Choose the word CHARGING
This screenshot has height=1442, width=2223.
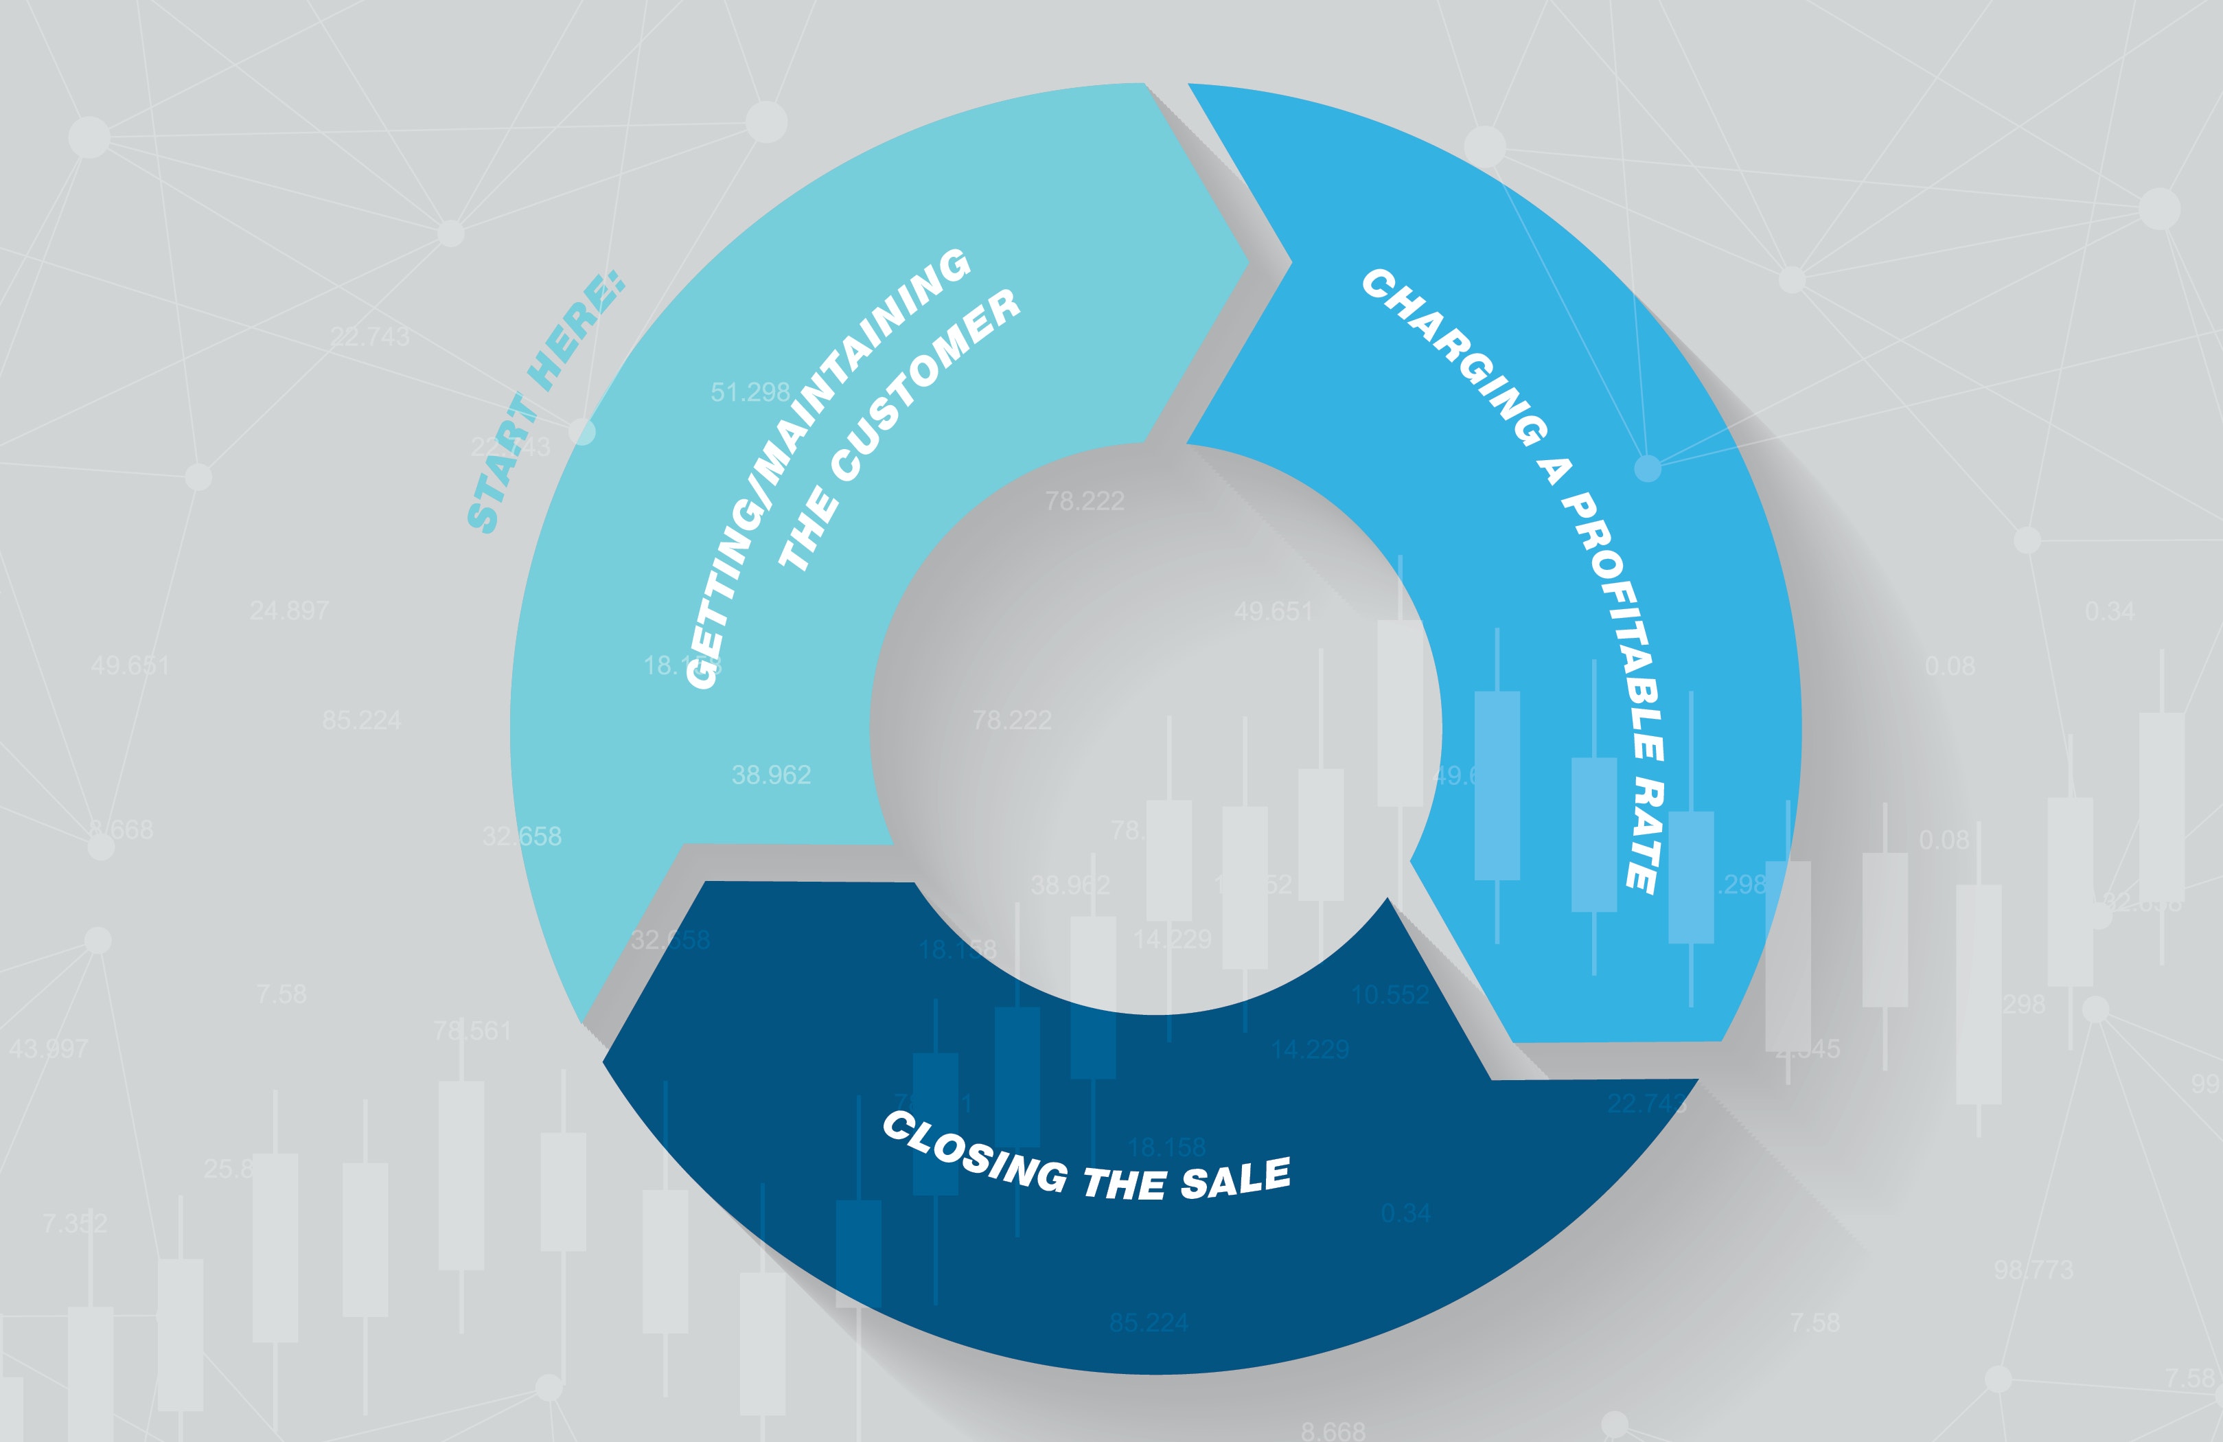pos(1453,356)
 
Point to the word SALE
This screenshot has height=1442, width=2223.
pos(1236,1178)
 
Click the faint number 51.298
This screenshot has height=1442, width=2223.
pos(750,392)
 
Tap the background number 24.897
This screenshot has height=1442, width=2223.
pos(290,611)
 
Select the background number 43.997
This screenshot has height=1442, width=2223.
pos(49,1049)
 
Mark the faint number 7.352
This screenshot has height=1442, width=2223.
pos(75,1222)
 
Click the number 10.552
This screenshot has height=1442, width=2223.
pos(1390,995)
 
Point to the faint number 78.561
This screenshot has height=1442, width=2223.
pos(472,1031)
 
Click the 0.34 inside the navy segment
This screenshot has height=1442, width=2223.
pos(1406,1213)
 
